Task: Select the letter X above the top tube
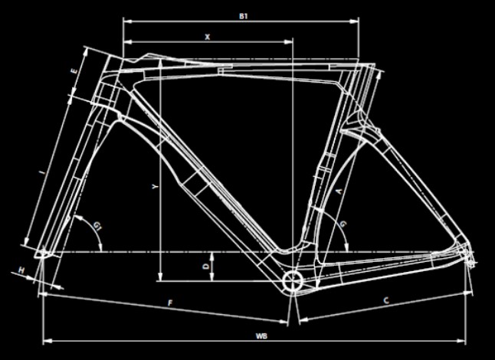(x=207, y=36)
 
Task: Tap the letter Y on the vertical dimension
(x=155, y=187)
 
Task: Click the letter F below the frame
(x=169, y=303)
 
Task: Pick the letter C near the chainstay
(x=386, y=303)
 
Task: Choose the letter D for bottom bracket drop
(x=205, y=265)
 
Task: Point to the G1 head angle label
(x=97, y=225)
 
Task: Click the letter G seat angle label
(x=343, y=223)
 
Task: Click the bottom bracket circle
(x=292, y=280)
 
